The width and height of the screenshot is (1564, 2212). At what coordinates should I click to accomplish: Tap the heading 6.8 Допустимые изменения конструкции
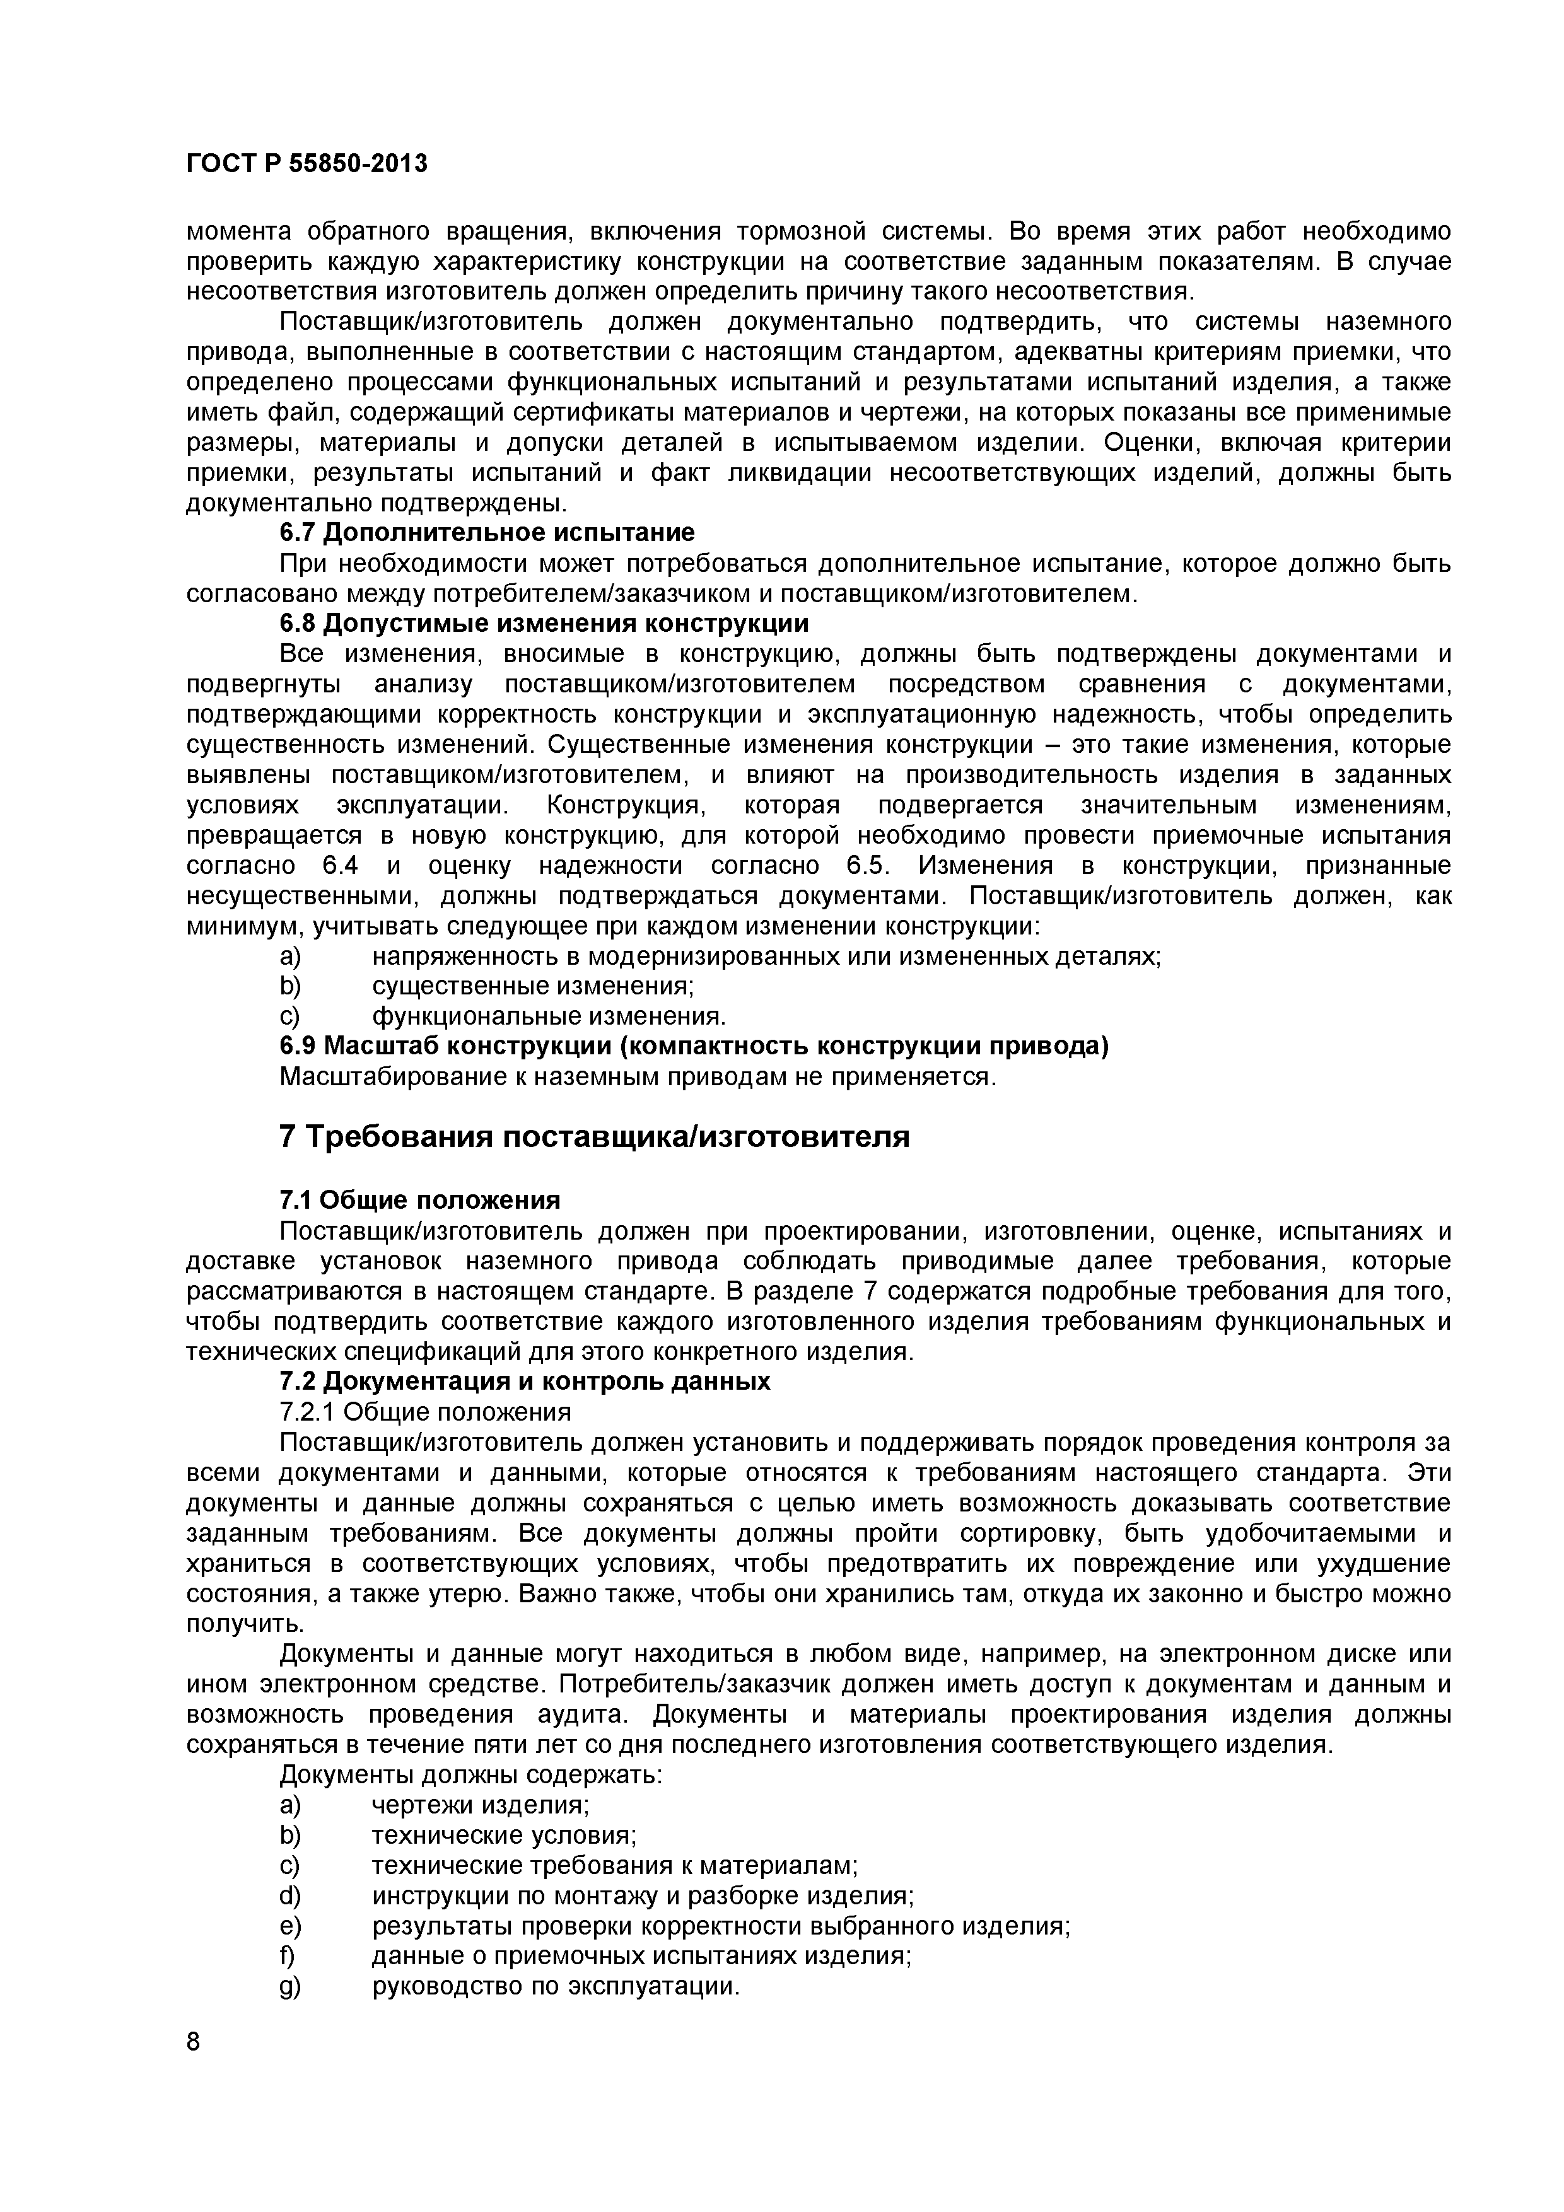point(544,624)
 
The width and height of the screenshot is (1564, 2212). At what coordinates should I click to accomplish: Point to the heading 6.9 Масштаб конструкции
point(693,1046)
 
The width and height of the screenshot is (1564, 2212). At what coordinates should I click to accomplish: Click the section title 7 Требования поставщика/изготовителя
point(593,1137)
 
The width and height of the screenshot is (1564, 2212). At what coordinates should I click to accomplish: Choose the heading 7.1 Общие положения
point(419,1201)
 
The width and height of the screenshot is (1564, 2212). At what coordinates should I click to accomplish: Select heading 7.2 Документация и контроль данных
point(524,1382)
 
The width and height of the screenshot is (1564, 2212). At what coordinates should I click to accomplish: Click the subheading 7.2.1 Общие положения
point(425,1412)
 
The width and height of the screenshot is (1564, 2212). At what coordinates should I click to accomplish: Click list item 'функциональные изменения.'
point(548,1016)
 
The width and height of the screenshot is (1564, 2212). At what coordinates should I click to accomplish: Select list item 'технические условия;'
point(504,1836)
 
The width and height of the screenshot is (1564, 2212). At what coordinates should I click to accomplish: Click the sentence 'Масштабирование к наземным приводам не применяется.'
point(637,1076)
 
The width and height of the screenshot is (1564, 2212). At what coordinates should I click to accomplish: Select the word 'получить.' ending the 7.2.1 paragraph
point(231,1624)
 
